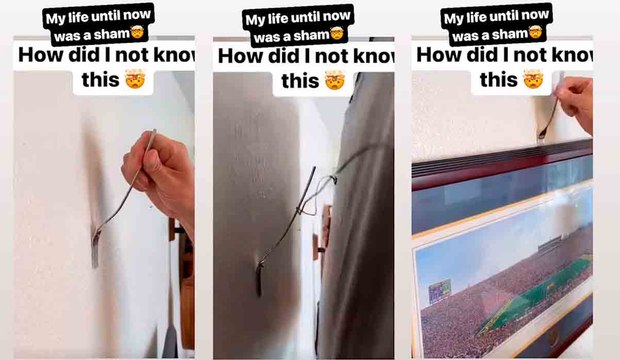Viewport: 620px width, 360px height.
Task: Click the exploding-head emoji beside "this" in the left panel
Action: point(135,79)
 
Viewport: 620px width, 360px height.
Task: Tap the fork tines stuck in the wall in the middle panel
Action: point(259,279)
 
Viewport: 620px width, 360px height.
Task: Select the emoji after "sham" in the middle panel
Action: point(336,34)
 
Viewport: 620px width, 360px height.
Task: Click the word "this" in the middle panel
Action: point(299,81)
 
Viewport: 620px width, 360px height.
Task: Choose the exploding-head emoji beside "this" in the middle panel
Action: point(335,80)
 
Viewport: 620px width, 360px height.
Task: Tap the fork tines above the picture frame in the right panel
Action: point(542,134)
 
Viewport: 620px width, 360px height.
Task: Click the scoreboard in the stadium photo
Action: point(440,291)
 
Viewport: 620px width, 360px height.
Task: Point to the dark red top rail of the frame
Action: point(502,165)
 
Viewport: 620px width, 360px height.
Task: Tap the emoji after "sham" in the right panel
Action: point(535,33)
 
